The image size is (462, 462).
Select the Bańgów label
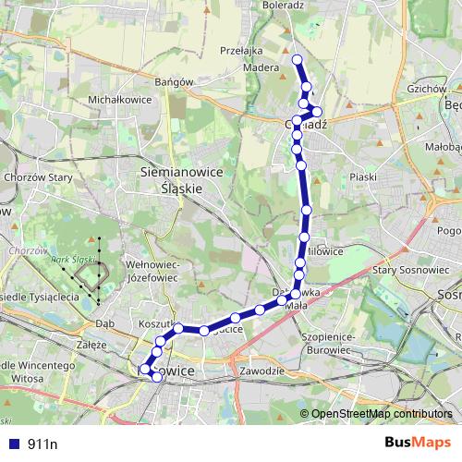point(174,81)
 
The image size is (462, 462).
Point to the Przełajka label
point(242,51)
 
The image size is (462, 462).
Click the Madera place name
point(261,67)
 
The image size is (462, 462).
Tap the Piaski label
point(365,176)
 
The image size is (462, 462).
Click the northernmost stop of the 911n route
point(298,60)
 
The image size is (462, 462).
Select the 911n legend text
point(43,444)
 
